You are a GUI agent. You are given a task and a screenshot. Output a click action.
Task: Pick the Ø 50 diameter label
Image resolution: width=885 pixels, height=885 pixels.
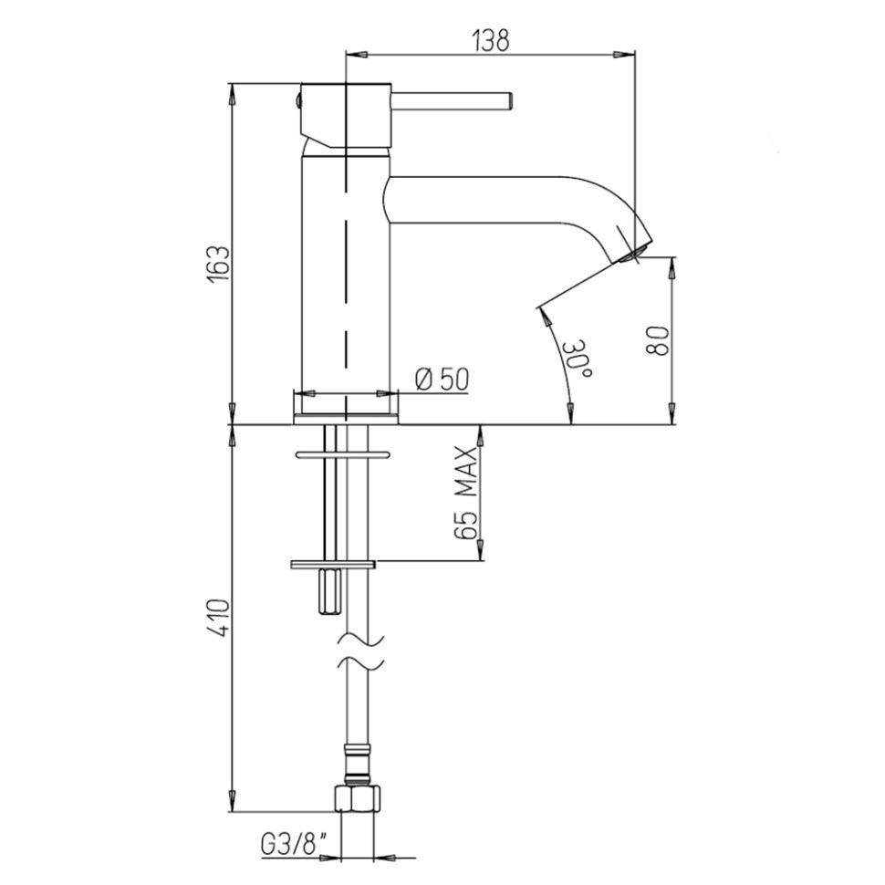tap(442, 379)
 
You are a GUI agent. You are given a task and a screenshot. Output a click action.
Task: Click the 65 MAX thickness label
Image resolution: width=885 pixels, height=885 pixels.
tap(468, 494)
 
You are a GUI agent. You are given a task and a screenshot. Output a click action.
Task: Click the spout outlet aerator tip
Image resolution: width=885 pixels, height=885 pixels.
tap(635, 253)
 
